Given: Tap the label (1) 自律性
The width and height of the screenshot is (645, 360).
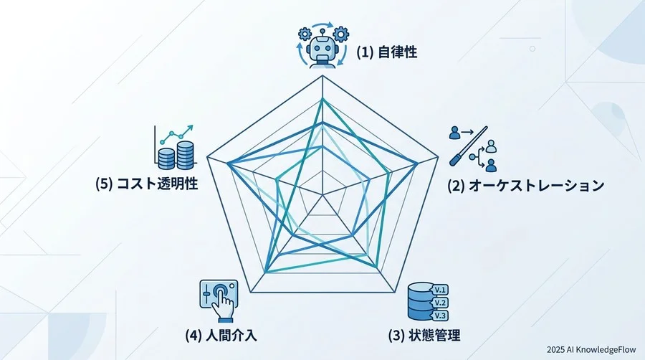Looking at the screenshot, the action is click(x=387, y=52).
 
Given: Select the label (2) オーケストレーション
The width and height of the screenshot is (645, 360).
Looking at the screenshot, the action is click(x=526, y=185).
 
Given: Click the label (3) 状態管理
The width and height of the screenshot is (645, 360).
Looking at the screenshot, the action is click(x=424, y=336).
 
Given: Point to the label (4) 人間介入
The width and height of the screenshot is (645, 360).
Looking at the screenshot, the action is click(x=221, y=336).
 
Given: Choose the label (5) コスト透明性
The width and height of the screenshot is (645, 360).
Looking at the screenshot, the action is click(x=146, y=183).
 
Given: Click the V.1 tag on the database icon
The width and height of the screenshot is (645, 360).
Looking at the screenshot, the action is click(x=440, y=290).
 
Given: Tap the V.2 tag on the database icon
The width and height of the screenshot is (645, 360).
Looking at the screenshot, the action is click(x=440, y=303).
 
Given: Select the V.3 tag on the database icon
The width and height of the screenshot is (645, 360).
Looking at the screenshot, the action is click(x=440, y=316).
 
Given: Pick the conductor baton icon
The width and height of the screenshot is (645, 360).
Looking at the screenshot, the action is click(x=469, y=146).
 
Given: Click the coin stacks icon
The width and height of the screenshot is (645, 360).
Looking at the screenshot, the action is click(x=176, y=155).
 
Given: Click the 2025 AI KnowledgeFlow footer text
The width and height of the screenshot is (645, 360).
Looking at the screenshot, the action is click(x=591, y=350).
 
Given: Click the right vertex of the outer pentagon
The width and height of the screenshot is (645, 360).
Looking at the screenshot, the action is click(x=439, y=157).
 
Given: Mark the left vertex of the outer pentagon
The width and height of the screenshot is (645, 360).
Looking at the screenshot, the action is click(x=207, y=157).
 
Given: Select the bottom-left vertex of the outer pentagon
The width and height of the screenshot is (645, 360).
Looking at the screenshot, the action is click(x=251, y=293).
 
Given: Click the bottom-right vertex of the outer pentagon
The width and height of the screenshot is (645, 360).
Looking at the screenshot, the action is click(x=395, y=293).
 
